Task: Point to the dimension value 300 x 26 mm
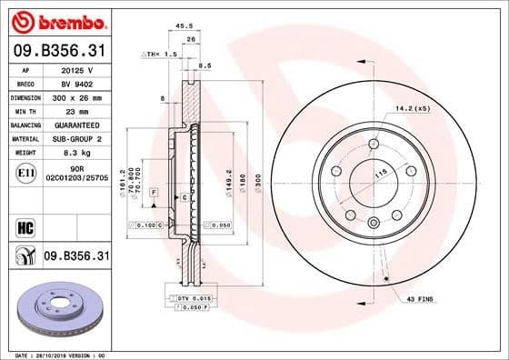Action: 77,96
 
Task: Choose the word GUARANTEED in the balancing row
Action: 78,125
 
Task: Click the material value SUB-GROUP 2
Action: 78,138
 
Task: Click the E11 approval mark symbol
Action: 26,173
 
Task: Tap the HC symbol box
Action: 26,225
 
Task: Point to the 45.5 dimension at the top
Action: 183,26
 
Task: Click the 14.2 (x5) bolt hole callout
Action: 413,109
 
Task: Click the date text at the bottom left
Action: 56,354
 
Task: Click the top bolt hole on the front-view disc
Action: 373,145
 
